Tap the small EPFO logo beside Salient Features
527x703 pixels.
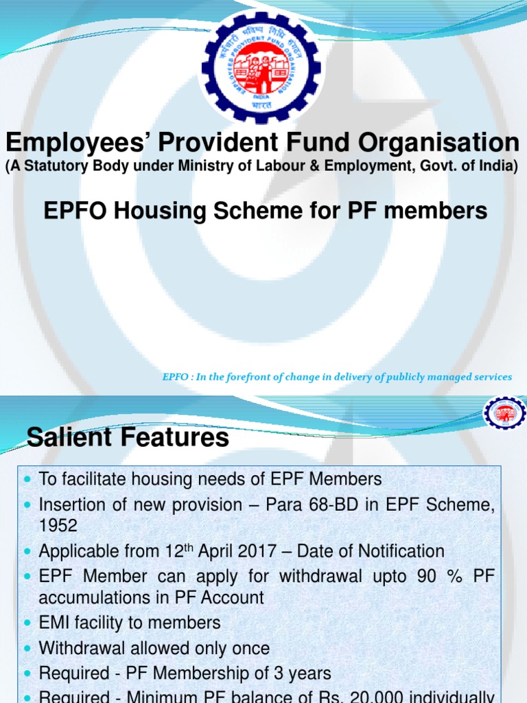(x=504, y=414)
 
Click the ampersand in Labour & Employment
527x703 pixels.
(x=336, y=166)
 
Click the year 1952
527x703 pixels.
(x=58, y=527)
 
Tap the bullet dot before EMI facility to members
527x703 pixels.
(x=27, y=623)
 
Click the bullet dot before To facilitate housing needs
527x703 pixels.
(x=27, y=479)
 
